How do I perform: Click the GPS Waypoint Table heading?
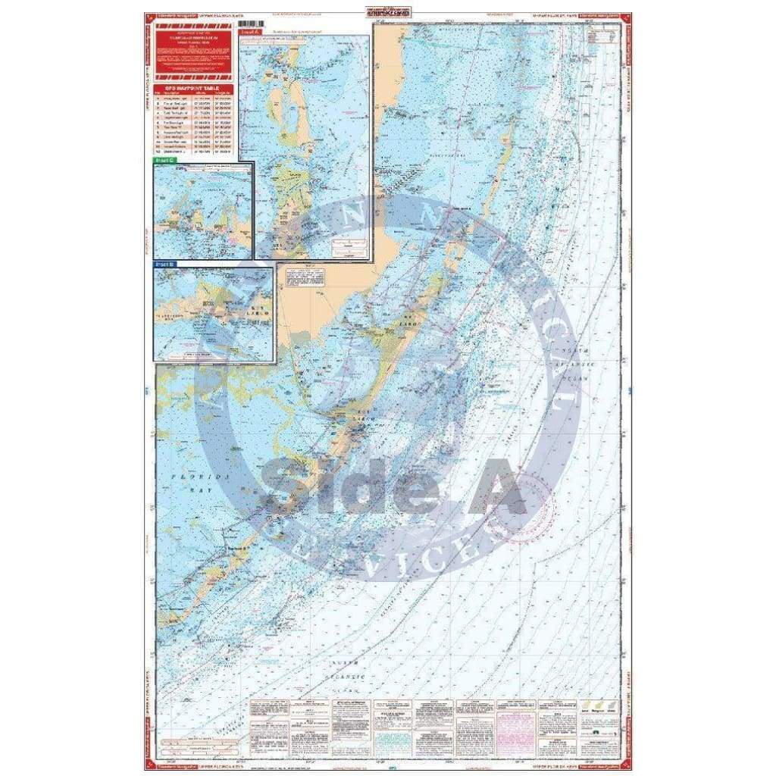(x=193, y=88)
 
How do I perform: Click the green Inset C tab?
(x=164, y=161)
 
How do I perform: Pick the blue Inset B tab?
(x=164, y=264)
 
